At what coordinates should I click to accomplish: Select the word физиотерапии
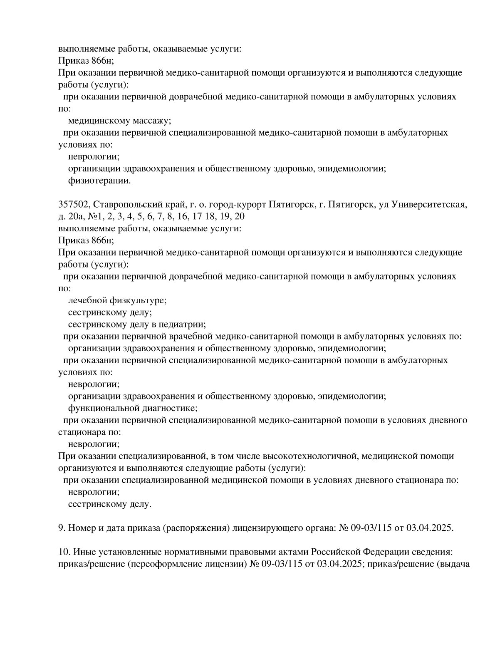(x=99, y=181)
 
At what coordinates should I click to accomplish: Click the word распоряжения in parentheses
(x=197, y=528)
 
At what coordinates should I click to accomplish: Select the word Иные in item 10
(x=83, y=552)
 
